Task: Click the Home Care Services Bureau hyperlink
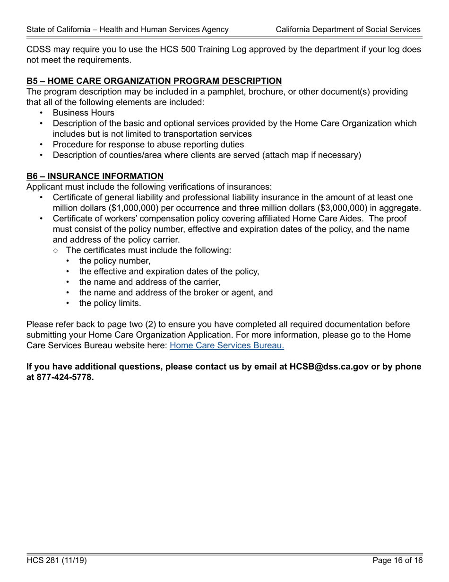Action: [x=226, y=345]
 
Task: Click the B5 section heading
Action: [x=154, y=81]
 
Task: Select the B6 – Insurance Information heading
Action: [x=95, y=176]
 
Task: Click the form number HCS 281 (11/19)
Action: [x=57, y=561]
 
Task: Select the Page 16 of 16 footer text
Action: [x=397, y=561]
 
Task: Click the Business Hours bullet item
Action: [x=83, y=113]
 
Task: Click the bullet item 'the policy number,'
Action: [x=115, y=261]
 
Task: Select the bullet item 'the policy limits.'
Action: [x=110, y=303]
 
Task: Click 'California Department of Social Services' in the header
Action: [x=348, y=29]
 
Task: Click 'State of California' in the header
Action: [x=57, y=29]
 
